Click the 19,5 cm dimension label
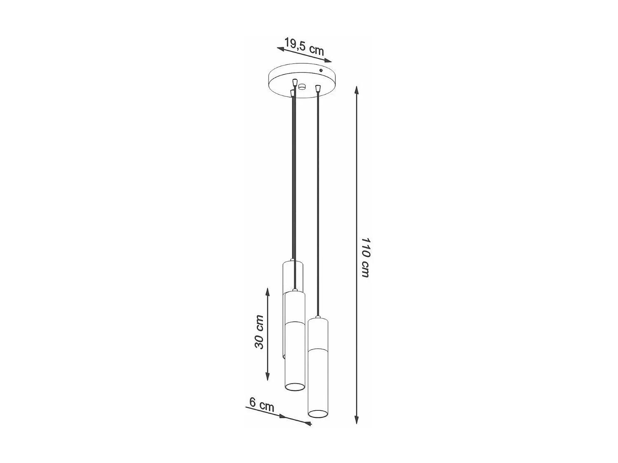(x=304, y=46)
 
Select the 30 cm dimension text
(x=259, y=332)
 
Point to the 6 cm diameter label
(x=262, y=405)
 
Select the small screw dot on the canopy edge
(x=321, y=71)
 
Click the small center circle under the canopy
(x=302, y=87)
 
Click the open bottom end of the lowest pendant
(x=317, y=412)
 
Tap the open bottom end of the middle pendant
(x=295, y=387)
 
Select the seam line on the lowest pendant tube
(x=317, y=349)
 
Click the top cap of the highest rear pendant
(x=293, y=261)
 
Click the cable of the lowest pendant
(x=317, y=206)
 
